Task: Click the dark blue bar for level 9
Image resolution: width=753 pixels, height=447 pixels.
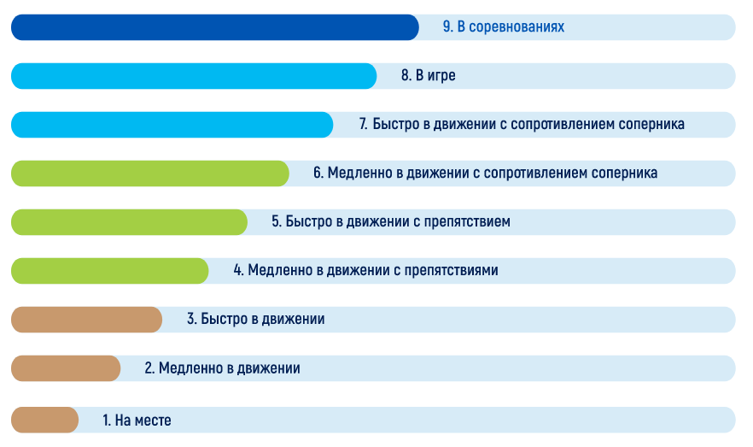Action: click(x=214, y=27)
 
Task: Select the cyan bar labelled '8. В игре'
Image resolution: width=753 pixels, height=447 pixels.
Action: click(x=194, y=76)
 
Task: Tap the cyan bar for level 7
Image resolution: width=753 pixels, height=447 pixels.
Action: click(x=172, y=125)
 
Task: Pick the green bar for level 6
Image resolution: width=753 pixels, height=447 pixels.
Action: click(x=150, y=174)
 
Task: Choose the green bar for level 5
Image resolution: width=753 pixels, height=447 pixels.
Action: click(x=129, y=222)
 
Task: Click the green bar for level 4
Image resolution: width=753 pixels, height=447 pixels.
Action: click(x=109, y=271)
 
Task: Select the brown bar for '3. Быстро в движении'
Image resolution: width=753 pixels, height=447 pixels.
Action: click(x=86, y=320)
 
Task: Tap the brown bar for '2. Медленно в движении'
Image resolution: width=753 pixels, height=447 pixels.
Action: click(x=66, y=368)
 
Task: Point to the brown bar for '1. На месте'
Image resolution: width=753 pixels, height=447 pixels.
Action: click(x=44, y=421)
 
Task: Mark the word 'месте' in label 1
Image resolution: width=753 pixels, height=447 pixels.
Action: click(x=152, y=421)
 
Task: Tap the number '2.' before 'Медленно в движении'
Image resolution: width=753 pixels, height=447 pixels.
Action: click(x=149, y=368)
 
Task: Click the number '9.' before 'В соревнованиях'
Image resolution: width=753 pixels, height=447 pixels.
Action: click(x=447, y=26)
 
